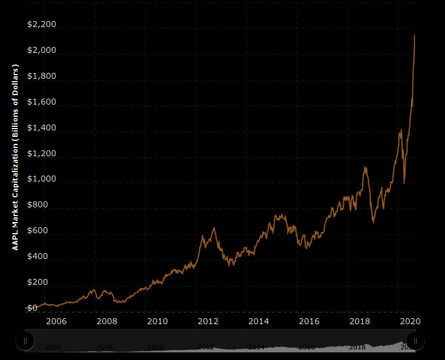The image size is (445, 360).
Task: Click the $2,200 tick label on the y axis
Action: (x=42, y=25)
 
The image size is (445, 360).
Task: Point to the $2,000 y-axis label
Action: (x=42, y=51)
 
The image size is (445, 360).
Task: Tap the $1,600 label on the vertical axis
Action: (x=42, y=102)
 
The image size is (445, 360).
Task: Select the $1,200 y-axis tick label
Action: (x=42, y=154)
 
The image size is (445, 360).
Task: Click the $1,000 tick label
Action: (x=42, y=180)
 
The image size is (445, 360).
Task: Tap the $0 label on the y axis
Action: (x=32, y=308)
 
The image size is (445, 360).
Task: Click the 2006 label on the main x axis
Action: (x=55, y=321)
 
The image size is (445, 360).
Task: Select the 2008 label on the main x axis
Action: (x=106, y=321)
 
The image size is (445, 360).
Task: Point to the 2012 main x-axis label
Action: (x=208, y=321)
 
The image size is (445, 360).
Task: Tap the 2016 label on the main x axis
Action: (x=309, y=321)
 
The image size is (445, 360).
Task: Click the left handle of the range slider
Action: (x=25, y=340)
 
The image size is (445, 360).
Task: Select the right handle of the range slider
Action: (x=415, y=340)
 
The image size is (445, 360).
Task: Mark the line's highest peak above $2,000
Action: (x=415, y=35)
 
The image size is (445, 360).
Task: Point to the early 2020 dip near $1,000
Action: (x=404, y=183)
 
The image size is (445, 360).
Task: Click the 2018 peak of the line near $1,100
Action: (x=365, y=167)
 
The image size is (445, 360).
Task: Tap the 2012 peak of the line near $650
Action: (x=214, y=228)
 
